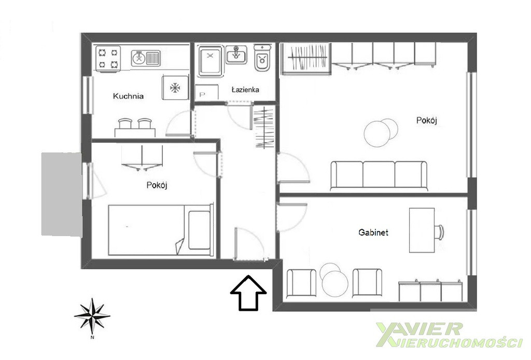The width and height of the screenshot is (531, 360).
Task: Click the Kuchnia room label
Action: point(128,96)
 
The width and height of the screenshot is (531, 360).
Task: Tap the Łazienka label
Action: point(245,90)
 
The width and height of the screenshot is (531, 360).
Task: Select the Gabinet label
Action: point(373,232)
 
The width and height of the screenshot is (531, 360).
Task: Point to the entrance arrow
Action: point(248,293)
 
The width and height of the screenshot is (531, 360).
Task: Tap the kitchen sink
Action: point(146,58)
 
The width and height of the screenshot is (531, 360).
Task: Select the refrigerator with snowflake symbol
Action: point(175,88)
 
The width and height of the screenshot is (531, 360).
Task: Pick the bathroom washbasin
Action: point(236,54)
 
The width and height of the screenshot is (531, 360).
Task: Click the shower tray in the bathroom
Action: point(211,61)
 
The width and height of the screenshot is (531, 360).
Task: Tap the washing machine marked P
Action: point(206,92)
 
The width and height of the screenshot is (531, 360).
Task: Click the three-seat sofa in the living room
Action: point(379,175)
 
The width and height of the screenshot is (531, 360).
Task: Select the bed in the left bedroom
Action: point(161,230)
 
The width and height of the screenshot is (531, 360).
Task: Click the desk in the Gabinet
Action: point(422,230)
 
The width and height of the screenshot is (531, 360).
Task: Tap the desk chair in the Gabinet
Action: point(439,232)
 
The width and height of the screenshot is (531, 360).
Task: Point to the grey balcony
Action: point(62,195)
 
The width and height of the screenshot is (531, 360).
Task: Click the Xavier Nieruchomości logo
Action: point(449,335)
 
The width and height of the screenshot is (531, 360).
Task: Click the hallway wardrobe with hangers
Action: point(264,127)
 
